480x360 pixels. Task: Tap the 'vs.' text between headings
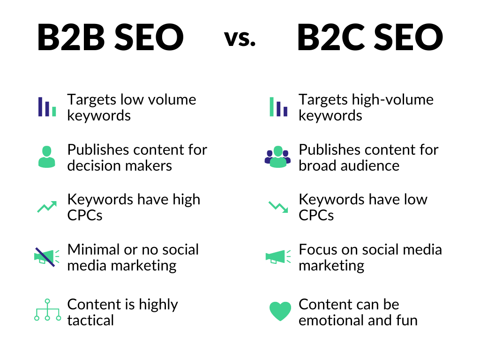tap(240, 38)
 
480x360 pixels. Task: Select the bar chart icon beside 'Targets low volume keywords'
tap(47, 107)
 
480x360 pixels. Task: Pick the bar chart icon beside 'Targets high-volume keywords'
tap(278, 107)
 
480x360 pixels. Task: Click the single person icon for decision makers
tap(46, 157)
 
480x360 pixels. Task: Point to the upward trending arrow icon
tap(47, 207)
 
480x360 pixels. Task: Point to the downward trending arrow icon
tap(278, 207)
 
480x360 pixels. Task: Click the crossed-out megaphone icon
tap(45, 257)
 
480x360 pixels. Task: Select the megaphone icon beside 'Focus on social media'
tap(277, 257)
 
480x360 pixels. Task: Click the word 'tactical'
tap(90, 321)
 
